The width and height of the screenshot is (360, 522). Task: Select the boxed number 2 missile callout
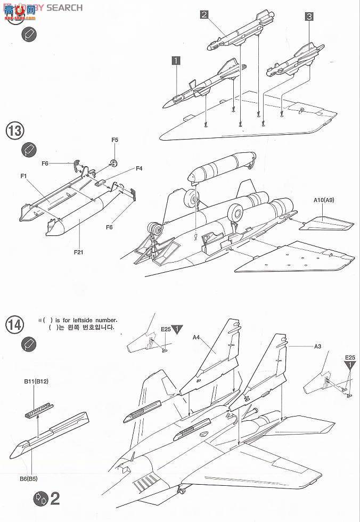click(x=204, y=14)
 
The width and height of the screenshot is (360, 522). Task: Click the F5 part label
click(x=115, y=140)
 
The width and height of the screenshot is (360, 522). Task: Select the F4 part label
click(x=138, y=168)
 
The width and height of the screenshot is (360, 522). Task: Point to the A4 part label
click(x=196, y=337)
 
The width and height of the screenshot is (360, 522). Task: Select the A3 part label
click(x=317, y=346)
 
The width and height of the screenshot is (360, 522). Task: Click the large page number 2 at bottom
click(x=55, y=499)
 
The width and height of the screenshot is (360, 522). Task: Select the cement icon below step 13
click(x=28, y=150)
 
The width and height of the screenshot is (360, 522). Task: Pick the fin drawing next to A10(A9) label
click(x=325, y=222)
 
